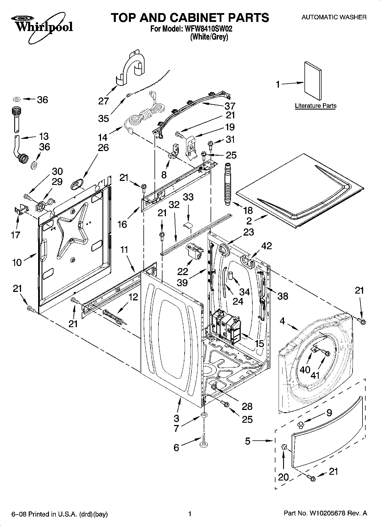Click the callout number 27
click(104, 101)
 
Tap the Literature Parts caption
click(316, 106)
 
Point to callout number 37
click(230, 106)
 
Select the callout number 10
click(17, 262)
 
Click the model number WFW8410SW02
click(204, 29)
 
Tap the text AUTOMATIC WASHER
click(334, 17)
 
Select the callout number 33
click(188, 197)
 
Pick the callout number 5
click(248, 441)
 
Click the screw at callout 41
click(326, 354)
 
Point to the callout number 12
click(133, 297)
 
